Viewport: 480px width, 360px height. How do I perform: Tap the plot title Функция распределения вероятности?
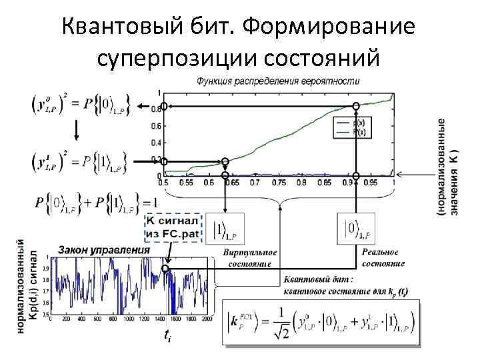point(277,81)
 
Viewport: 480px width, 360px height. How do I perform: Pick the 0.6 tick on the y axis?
point(155,125)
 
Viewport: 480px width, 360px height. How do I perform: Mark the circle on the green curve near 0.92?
point(356,105)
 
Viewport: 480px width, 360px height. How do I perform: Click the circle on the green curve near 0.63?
point(225,161)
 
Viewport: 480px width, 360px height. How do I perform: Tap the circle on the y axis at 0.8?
point(163,107)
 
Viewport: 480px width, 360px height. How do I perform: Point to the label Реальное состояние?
point(383,257)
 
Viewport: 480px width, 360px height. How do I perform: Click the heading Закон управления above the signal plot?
point(104,250)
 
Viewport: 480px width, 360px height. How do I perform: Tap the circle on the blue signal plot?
point(166,269)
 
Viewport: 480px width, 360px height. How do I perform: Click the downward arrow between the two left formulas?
point(77,130)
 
